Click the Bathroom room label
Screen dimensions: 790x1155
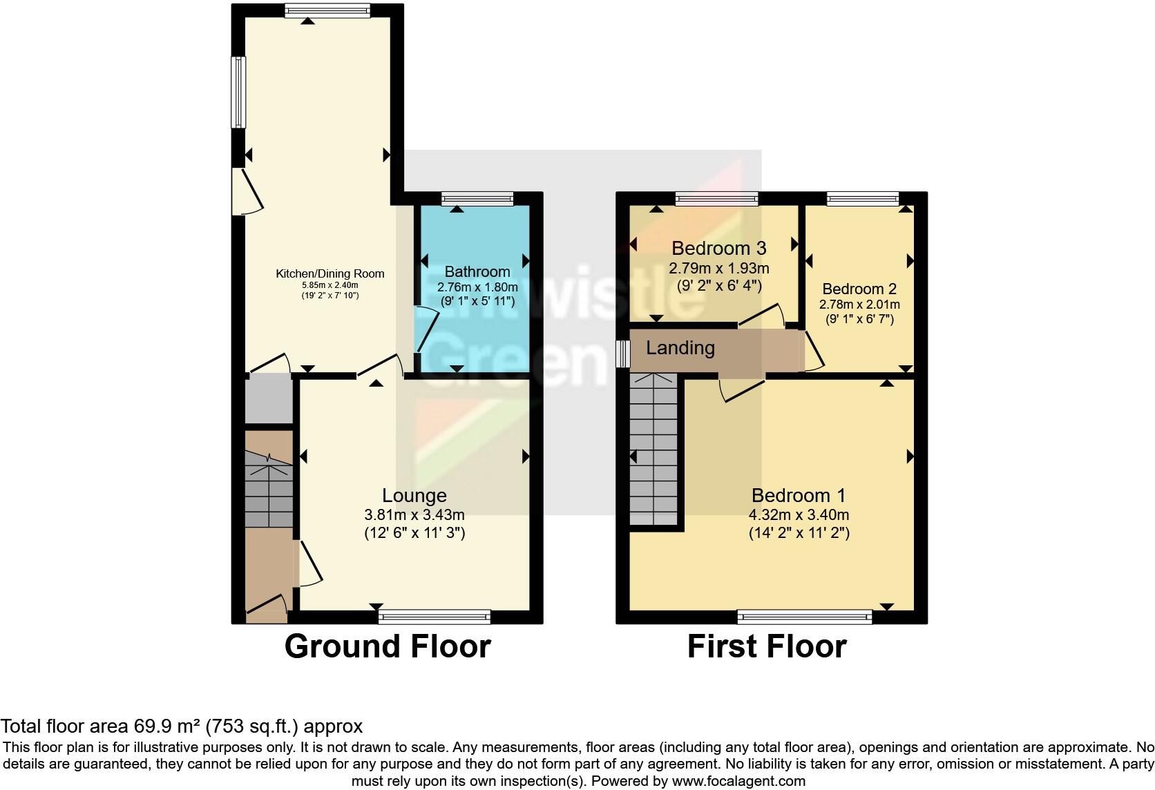click(x=477, y=272)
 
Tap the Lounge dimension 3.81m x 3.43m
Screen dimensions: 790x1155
click(x=414, y=515)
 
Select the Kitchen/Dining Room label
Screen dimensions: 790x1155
click(x=330, y=274)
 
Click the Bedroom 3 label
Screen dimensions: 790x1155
click(x=718, y=248)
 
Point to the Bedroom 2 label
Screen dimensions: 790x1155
click(x=859, y=289)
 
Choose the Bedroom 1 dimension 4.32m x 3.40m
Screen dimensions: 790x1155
click(x=799, y=515)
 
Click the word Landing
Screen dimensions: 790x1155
click(x=680, y=348)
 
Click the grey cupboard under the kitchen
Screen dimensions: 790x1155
click(x=269, y=398)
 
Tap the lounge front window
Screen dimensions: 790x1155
click(x=435, y=617)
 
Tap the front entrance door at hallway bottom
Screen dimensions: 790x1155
click(x=268, y=604)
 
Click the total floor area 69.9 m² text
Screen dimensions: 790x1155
click(x=181, y=726)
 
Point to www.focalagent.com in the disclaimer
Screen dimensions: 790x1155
click(x=738, y=782)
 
